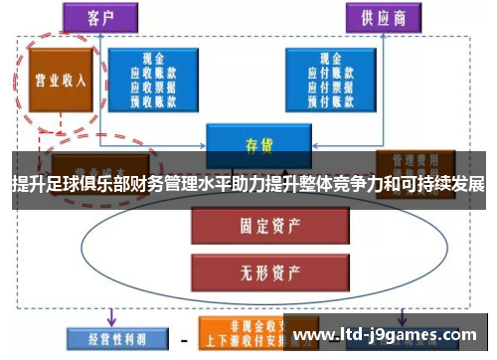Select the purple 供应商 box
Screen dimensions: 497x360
(x=382, y=17)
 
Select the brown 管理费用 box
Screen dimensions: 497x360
(x=409, y=162)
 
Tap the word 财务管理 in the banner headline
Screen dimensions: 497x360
(x=165, y=185)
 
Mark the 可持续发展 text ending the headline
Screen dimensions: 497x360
(x=443, y=185)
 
